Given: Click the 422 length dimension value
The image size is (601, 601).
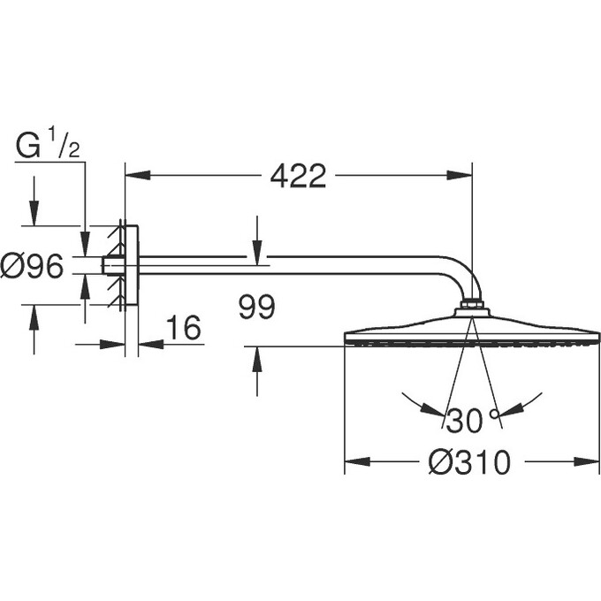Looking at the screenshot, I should point(298,176).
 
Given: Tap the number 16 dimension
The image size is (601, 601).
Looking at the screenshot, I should point(184,328).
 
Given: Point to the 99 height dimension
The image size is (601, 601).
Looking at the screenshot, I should point(257,308).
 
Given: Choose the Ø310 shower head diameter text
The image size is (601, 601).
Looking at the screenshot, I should point(470,462).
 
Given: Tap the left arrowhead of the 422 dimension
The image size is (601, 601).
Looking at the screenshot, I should point(135,175).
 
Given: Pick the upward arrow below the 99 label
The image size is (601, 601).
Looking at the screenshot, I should point(256,358).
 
